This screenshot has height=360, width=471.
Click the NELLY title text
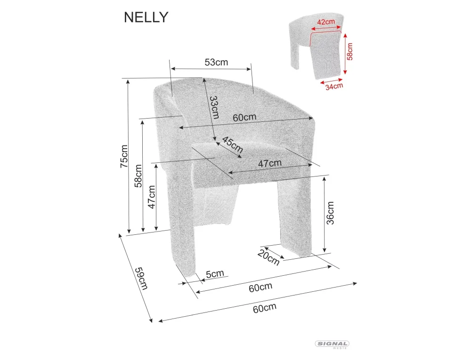coord(146,17)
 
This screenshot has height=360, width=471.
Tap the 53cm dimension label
coord(216,62)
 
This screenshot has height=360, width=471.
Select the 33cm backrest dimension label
coord(214,107)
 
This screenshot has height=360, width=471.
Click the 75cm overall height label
coord(124,156)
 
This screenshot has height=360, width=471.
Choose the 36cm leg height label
coord(330,213)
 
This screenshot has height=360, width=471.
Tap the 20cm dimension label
coord(268,257)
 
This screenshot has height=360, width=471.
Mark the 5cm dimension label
coord(215,274)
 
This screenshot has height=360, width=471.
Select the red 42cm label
coord(326,22)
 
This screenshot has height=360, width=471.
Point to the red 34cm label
coord(333,85)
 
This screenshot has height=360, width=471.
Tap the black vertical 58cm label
coord(138,176)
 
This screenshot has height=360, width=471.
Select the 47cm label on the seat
coord(270,163)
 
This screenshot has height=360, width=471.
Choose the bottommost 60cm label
coord(264,308)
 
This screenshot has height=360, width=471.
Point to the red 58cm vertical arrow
coord(345,53)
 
